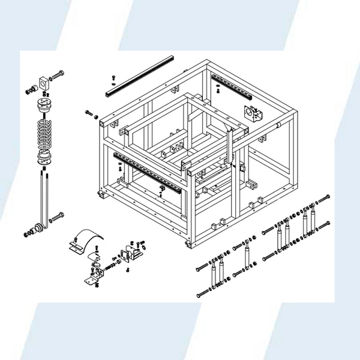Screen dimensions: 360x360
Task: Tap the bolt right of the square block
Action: [x=58, y=76]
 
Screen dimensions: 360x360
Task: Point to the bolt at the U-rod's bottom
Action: [x=58, y=215]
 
